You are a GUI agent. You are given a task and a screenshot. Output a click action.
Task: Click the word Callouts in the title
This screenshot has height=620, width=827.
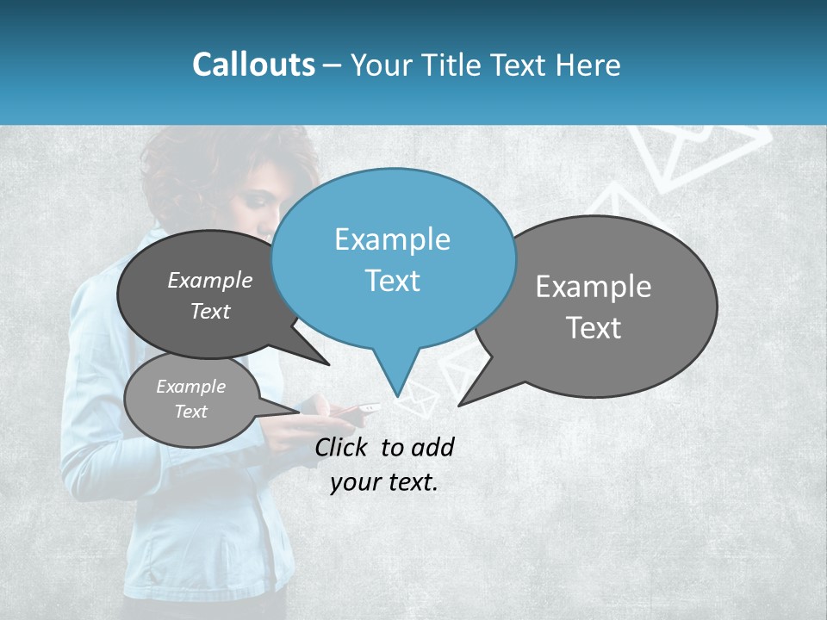(253, 65)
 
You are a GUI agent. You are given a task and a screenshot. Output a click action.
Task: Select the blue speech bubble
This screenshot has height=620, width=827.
(393, 258)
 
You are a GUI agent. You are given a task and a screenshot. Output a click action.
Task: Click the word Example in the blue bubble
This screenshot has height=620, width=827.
(392, 239)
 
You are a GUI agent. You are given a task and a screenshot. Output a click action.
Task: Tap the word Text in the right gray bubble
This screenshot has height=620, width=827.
(594, 328)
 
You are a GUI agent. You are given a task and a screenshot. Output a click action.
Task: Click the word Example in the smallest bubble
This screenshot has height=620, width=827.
(191, 387)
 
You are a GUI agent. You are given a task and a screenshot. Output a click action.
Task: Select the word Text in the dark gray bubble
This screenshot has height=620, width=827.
(210, 312)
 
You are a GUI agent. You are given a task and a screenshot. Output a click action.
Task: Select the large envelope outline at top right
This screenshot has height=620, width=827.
(698, 155)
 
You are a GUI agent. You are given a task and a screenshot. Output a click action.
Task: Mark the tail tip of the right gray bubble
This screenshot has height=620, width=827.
(459, 404)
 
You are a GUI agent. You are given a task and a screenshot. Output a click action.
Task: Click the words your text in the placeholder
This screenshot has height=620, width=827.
(384, 482)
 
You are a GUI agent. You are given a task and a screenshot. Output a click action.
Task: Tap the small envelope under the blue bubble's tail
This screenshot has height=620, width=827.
(418, 399)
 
